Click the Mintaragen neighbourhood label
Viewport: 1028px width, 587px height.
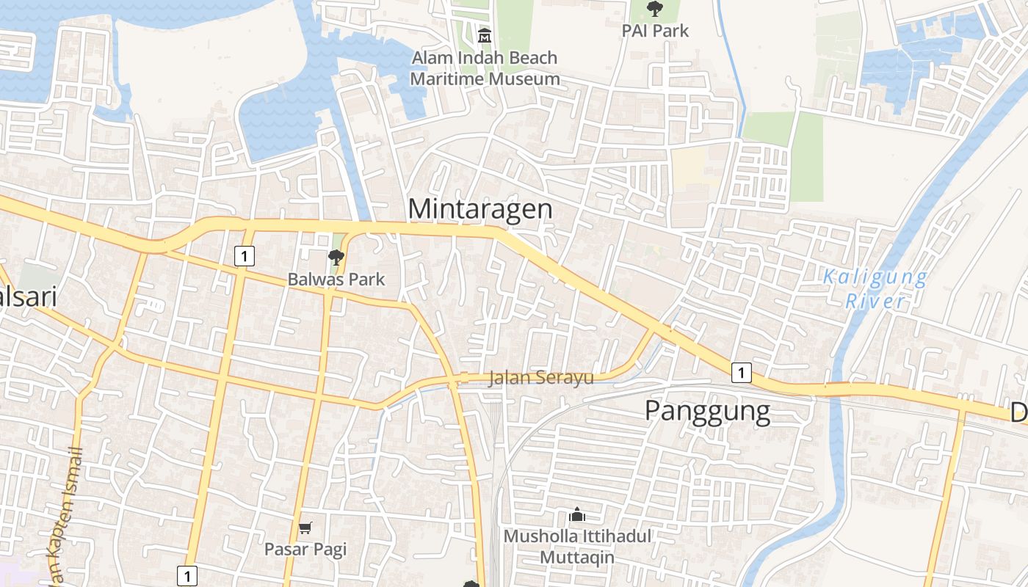coord(480,208)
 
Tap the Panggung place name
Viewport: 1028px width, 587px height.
coord(707,411)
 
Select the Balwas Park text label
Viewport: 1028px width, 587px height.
coord(336,280)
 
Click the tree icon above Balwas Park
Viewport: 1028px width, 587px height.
coord(336,257)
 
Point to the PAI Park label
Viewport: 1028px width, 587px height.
coord(655,31)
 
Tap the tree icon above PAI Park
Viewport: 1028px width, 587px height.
coord(654,9)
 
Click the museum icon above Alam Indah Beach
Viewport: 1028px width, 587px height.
coord(485,34)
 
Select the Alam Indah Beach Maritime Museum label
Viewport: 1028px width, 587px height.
coord(485,68)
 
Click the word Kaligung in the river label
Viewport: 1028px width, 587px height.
coord(875,277)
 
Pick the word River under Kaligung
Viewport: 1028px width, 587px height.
coord(875,301)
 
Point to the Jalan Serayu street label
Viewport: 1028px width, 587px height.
coord(540,378)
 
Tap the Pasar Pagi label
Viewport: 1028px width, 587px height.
coord(305,549)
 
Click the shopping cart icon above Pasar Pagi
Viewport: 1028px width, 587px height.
coord(305,528)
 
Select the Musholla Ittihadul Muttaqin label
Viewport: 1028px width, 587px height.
coord(577,547)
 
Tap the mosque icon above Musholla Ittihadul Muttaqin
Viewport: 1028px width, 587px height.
coord(577,515)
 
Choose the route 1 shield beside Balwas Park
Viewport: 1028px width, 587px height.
coord(245,256)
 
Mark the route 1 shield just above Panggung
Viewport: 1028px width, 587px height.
coord(742,373)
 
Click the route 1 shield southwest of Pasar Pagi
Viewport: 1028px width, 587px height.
coord(187,576)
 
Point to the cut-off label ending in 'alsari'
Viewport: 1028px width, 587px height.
coord(28,298)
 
